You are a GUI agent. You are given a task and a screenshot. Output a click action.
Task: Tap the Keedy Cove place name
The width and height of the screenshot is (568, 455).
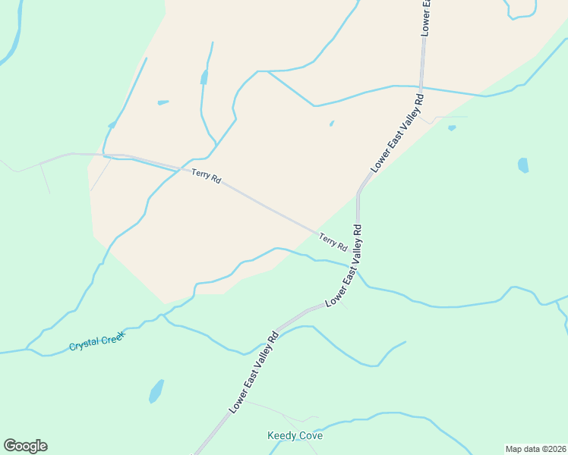tap(295, 436)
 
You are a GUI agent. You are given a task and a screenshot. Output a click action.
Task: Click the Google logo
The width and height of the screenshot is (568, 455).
tap(25, 446)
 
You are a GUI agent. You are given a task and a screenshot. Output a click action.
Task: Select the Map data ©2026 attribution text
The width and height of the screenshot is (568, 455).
tap(535, 449)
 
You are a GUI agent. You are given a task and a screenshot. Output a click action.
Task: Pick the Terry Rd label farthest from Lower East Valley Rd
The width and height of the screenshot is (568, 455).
tap(206, 177)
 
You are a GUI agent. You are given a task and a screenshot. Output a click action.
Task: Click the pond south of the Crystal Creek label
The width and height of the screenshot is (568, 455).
tap(156, 391)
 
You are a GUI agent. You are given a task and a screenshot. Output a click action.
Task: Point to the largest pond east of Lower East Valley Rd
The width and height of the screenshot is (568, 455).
tap(522, 165)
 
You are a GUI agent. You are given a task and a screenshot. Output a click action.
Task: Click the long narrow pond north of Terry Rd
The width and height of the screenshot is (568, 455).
tap(204, 77)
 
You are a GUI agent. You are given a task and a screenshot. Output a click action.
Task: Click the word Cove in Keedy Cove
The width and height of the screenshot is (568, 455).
tap(310, 436)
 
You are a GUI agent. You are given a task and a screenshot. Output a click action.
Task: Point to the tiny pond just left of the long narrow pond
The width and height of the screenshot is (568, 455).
tap(163, 102)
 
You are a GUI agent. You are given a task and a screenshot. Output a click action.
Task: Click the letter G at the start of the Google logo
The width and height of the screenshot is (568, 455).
tap(10, 446)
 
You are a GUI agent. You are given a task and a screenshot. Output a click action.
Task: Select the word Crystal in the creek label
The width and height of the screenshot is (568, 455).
tap(84, 346)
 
